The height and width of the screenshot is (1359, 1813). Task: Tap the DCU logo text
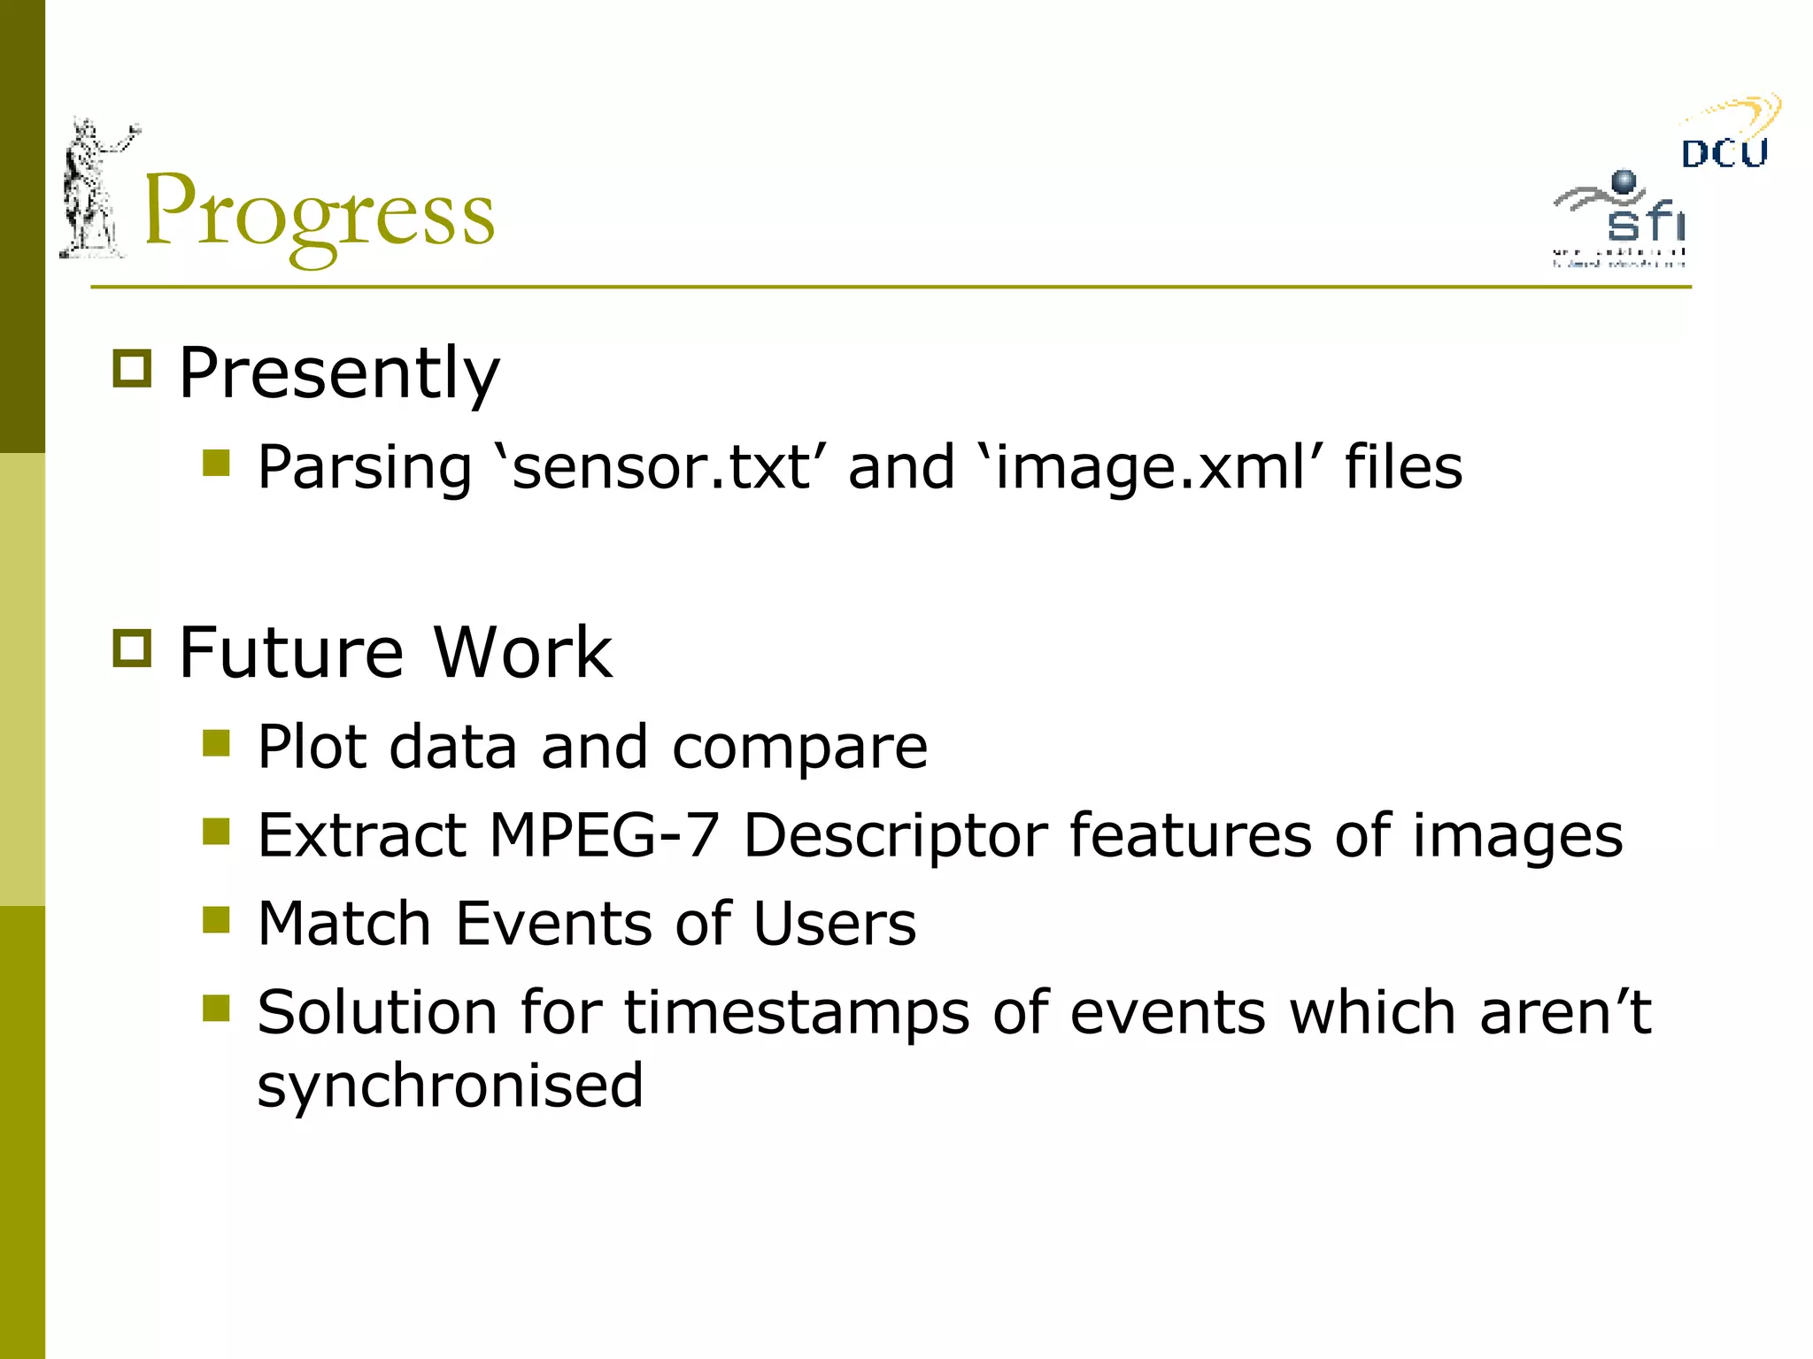1724,154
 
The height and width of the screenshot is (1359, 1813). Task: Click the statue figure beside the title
94,189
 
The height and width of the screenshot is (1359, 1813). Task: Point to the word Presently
339,373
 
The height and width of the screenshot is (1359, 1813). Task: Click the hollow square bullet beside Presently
133,368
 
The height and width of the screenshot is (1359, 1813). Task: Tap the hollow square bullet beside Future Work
133,648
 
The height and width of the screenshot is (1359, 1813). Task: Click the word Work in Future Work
522,652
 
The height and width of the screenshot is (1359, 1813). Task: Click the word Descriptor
895,836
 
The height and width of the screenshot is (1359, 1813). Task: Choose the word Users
834,923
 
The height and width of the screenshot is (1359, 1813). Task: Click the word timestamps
798,1013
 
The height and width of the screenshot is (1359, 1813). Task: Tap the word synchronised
450,1086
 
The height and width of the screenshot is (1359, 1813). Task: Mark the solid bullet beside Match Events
216,920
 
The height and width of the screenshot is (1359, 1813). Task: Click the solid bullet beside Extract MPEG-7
216,832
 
